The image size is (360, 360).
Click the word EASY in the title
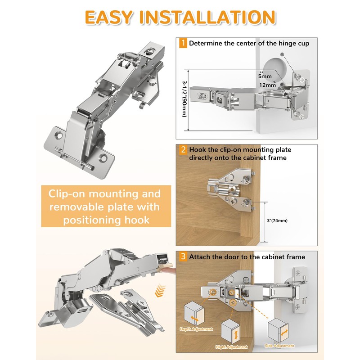tap(108, 17)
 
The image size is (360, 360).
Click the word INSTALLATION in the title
tap(207, 17)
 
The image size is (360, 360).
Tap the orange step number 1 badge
tap(183, 43)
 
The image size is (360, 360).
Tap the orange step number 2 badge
tap(183, 150)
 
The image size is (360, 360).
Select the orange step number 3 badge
tap(183, 256)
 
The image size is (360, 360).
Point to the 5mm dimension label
tap(265, 76)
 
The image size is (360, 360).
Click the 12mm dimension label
tap(267, 85)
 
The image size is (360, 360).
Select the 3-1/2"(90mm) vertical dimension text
tap(184, 99)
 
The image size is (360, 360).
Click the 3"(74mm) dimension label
tap(277, 220)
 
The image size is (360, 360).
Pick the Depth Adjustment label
tap(196, 329)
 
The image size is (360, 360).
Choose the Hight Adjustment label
tap(231, 346)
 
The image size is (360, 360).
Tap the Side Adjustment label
tap(279, 346)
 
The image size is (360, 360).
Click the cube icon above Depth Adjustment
tap(194, 314)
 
